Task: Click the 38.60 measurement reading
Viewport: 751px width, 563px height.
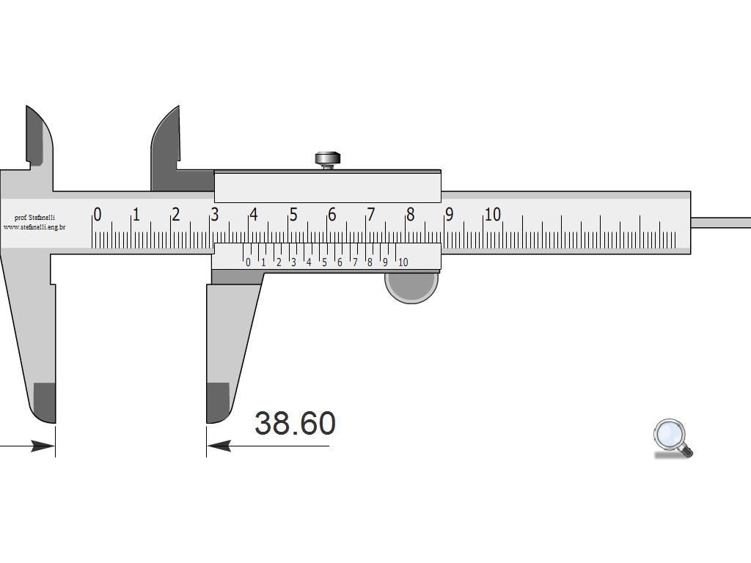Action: click(295, 423)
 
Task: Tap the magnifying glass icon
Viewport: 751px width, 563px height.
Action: click(673, 438)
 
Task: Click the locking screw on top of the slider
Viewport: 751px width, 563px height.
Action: click(328, 160)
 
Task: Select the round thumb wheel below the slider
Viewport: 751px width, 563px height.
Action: click(411, 287)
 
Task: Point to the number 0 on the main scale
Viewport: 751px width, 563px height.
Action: click(98, 215)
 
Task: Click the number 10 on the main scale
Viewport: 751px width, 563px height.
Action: click(492, 215)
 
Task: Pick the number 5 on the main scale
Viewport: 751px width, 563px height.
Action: click(293, 215)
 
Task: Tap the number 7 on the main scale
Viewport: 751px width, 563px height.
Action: click(370, 215)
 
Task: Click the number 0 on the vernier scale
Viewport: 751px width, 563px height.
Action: click(248, 262)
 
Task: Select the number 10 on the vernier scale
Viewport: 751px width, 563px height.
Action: click(403, 262)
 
